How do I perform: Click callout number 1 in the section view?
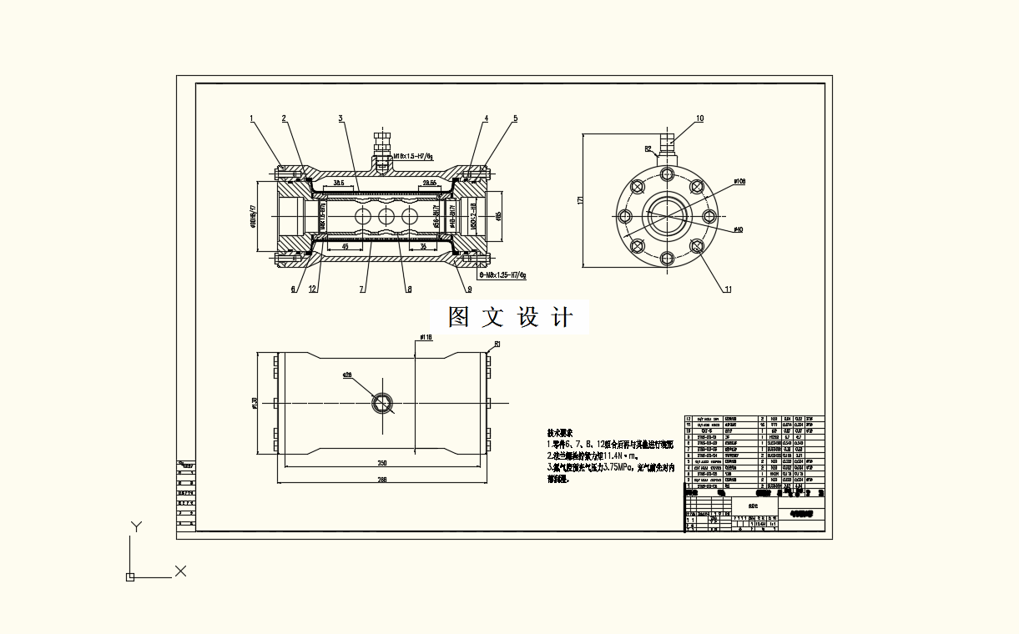click(x=251, y=118)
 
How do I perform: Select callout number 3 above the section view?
click(x=341, y=118)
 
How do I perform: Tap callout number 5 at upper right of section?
click(x=515, y=118)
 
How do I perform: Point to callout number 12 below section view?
click(x=313, y=289)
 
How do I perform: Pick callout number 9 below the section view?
click(x=469, y=289)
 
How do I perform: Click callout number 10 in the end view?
click(x=699, y=118)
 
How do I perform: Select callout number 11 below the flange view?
click(x=728, y=289)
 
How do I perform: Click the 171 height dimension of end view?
click(x=579, y=200)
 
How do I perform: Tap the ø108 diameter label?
click(x=739, y=180)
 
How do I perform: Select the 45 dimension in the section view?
click(x=346, y=247)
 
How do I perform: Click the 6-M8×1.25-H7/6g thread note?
click(x=503, y=274)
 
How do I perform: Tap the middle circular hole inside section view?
click(x=386, y=216)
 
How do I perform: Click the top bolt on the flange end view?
click(x=666, y=174)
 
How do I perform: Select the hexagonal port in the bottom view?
click(x=383, y=403)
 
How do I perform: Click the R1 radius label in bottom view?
click(x=497, y=344)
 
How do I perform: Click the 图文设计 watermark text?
click(x=510, y=318)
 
